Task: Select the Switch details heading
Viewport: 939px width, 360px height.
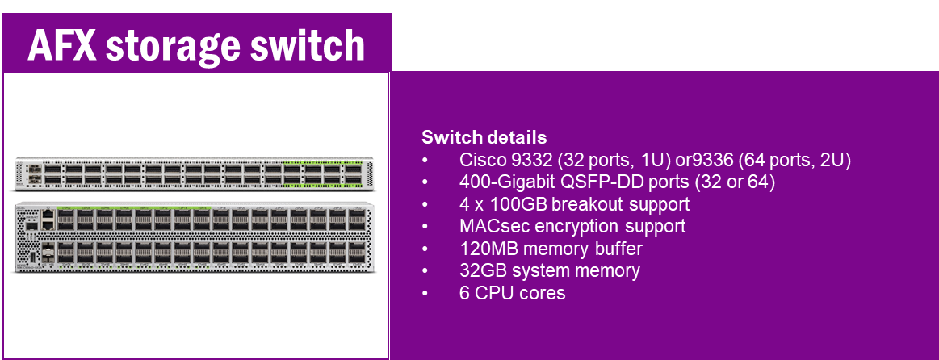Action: (x=484, y=137)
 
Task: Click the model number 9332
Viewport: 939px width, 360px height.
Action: (x=530, y=160)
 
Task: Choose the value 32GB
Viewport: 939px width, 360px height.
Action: (x=481, y=270)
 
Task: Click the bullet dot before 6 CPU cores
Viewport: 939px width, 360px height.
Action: (x=425, y=294)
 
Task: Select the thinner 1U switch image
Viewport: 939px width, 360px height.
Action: (x=194, y=174)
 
